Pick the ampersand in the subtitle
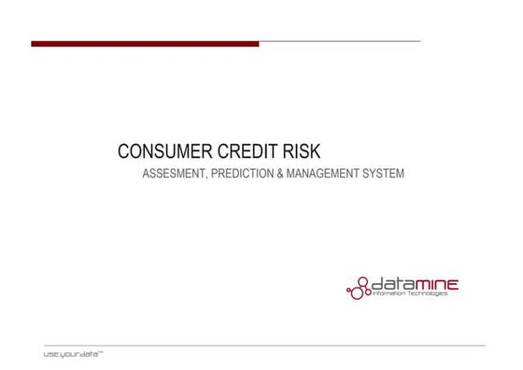[x=280, y=176]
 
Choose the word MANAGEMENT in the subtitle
[x=325, y=176]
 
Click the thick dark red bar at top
[x=145, y=43]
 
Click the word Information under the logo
[x=391, y=294]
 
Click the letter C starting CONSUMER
[x=123, y=151]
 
